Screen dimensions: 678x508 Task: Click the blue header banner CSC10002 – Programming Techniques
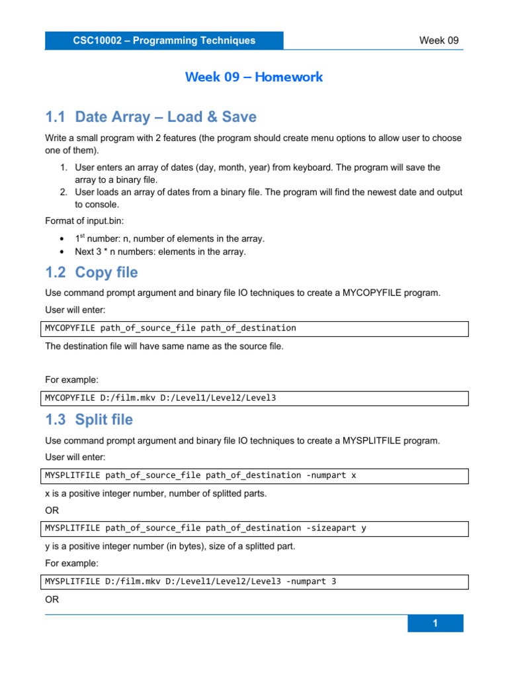coord(164,40)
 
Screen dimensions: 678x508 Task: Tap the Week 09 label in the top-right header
coord(439,40)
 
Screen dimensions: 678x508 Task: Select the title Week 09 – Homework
coord(254,77)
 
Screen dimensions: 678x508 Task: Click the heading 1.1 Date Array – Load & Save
coord(151,117)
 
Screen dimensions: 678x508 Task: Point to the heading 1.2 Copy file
coord(91,272)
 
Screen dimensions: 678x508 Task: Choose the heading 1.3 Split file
coord(89,420)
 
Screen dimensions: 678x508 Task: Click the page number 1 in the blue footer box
coord(435,623)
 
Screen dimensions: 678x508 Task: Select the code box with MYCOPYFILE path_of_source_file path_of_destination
coord(256,328)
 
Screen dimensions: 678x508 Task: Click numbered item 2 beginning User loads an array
coord(268,198)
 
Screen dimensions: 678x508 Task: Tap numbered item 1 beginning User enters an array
coord(257,173)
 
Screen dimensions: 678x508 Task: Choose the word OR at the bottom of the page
coord(52,599)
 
